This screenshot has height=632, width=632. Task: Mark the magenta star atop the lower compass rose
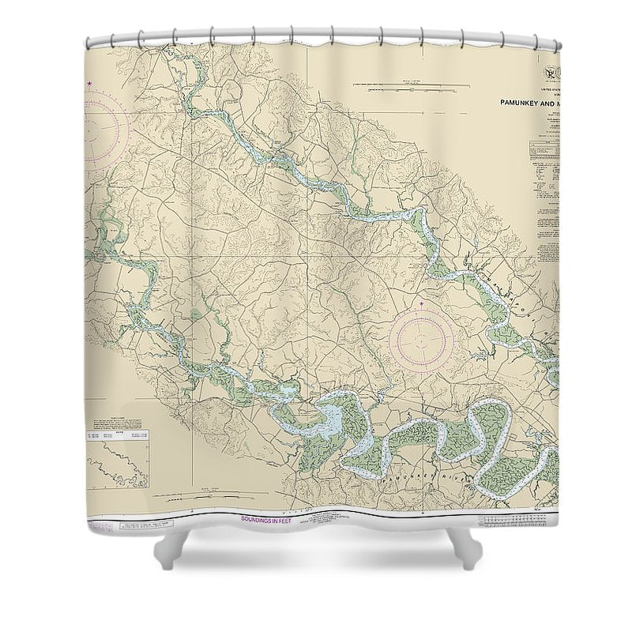[422, 304]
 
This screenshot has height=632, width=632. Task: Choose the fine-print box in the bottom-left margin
[138, 525]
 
